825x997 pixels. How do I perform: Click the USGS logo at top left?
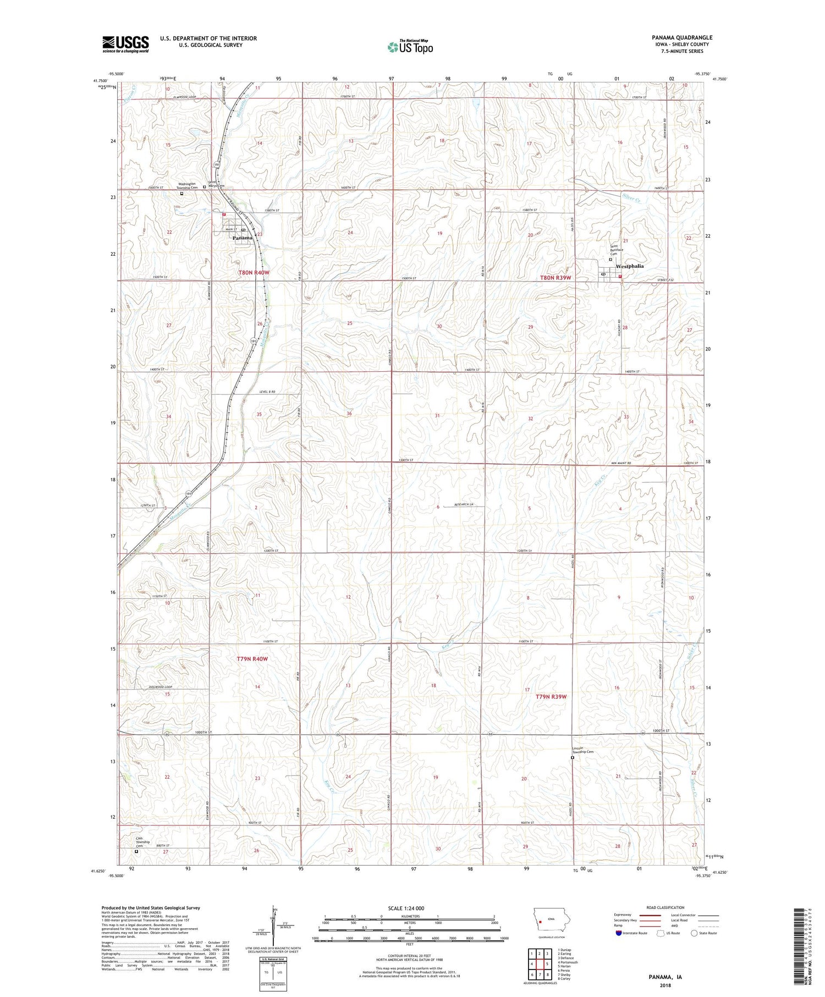125,44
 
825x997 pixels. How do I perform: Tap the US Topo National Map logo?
410,46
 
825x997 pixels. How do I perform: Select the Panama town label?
243,238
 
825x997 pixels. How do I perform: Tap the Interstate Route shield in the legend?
619,933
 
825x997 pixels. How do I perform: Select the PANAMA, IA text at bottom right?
663,977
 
